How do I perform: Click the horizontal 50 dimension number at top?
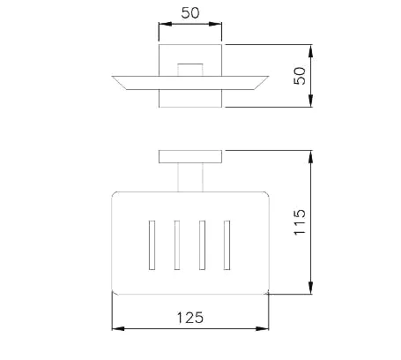(x=190, y=13)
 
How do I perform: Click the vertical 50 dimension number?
(x=300, y=76)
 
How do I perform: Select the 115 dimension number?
(x=300, y=222)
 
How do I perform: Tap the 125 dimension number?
(x=190, y=318)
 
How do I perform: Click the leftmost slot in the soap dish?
(x=152, y=245)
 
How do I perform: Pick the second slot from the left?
(x=177, y=245)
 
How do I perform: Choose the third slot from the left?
(x=202, y=245)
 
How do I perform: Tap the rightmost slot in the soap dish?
(x=226, y=245)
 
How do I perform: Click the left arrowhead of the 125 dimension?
(x=118, y=328)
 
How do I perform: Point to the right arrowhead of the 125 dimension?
(x=263, y=328)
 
